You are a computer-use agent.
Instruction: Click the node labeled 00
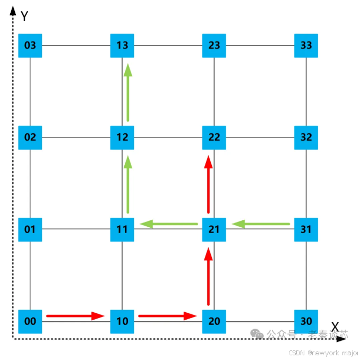tap(30, 321)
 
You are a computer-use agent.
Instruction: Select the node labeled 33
tap(306, 46)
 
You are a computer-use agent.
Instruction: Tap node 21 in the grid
tap(214, 229)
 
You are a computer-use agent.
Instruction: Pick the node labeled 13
tap(122, 46)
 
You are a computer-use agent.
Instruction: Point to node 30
tap(306, 321)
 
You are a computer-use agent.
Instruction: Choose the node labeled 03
tap(30, 46)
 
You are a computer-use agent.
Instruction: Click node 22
tap(214, 138)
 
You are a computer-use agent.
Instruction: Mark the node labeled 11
tap(122, 229)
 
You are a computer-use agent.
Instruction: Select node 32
tap(306, 138)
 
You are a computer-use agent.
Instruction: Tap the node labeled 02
tap(30, 138)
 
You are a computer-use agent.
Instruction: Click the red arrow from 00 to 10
tap(75, 316)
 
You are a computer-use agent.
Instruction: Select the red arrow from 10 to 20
tap(167, 316)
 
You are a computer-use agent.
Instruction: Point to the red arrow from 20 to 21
tap(208, 276)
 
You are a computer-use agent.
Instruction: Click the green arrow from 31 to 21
tap(261, 224)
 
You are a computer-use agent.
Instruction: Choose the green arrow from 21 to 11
tap(169, 224)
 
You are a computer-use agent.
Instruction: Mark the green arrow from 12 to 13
tap(127, 92)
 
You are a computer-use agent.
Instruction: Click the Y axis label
tap(24, 16)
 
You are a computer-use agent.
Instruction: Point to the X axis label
tap(335, 326)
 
